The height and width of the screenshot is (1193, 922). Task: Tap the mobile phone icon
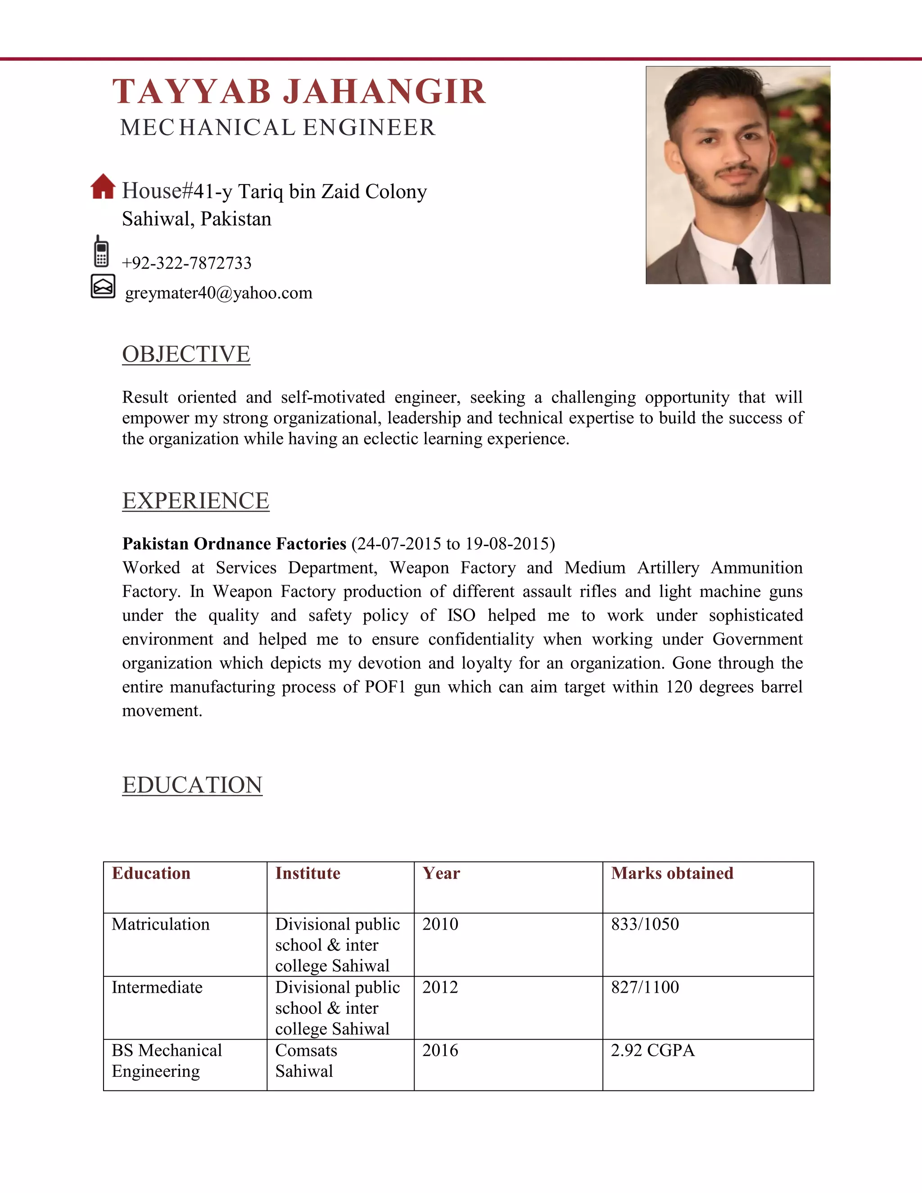pyautogui.click(x=101, y=251)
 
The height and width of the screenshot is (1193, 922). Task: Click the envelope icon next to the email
pyautogui.click(x=103, y=286)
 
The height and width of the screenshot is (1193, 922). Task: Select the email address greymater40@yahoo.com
pyautogui.click(x=218, y=294)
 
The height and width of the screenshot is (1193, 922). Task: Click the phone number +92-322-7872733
pyautogui.click(x=186, y=263)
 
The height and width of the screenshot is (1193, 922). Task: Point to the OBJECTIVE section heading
pyautogui.click(x=186, y=354)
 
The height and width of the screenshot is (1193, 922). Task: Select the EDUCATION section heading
pyautogui.click(x=192, y=785)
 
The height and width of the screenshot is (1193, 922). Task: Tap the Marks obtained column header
pyautogui.click(x=672, y=873)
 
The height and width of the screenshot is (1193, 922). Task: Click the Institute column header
pyautogui.click(x=307, y=873)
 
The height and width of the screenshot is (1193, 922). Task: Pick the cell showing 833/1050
pyautogui.click(x=645, y=924)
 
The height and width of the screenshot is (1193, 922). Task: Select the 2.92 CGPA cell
pyautogui.click(x=652, y=1050)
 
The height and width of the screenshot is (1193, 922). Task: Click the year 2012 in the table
pyautogui.click(x=440, y=987)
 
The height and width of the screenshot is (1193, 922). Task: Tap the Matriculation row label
pyautogui.click(x=161, y=924)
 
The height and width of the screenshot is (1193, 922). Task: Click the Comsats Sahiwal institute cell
pyautogui.click(x=306, y=1060)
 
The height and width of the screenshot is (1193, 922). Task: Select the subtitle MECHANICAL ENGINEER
pyautogui.click(x=277, y=128)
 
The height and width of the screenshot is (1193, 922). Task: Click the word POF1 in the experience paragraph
pyautogui.click(x=384, y=687)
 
